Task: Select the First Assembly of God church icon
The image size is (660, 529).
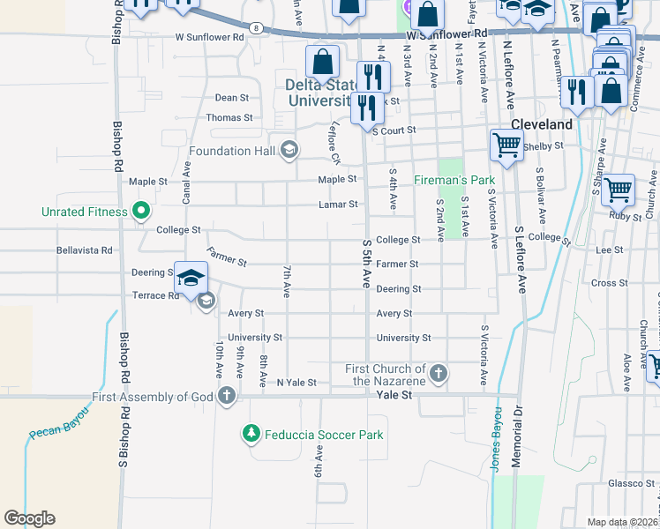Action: point(227,396)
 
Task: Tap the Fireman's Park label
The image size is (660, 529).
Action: point(454,180)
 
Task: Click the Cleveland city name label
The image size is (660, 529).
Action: point(542,124)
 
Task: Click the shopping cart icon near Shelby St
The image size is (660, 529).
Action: point(506,145)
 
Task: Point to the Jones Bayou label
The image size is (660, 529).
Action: point(496,438)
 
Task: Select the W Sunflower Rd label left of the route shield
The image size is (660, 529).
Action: point(209,38)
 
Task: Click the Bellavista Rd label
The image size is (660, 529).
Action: point(85,250)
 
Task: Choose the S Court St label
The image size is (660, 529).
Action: point(394,130)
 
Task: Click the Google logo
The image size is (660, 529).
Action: point(29,518)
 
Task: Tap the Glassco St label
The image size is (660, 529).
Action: point(628,483)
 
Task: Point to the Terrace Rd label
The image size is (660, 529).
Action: point(154,296)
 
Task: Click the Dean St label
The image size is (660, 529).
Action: point(232,98)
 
